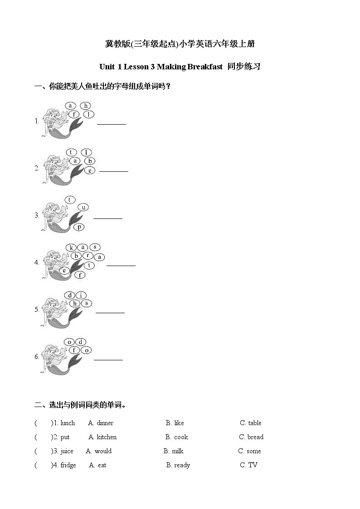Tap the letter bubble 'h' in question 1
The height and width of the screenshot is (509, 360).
click(x=85, y=106)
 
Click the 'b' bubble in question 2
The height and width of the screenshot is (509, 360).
click(x=90, y=161)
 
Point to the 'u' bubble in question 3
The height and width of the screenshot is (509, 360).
click(x=83, y=207)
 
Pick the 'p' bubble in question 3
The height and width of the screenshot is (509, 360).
click(x=79, y=227)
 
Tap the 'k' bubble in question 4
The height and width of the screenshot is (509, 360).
click(x=71, y=247)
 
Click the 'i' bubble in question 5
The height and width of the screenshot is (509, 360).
click(x=81, y=295)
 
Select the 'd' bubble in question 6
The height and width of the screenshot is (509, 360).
click(x=80, y=342)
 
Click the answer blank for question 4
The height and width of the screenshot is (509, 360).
click(x=121, y=265)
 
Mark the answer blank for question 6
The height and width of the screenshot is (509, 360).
click(x=108, y=359)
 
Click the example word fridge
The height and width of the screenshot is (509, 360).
click(x=68, y=465)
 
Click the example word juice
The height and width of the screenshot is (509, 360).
click(x=67, y=451)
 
